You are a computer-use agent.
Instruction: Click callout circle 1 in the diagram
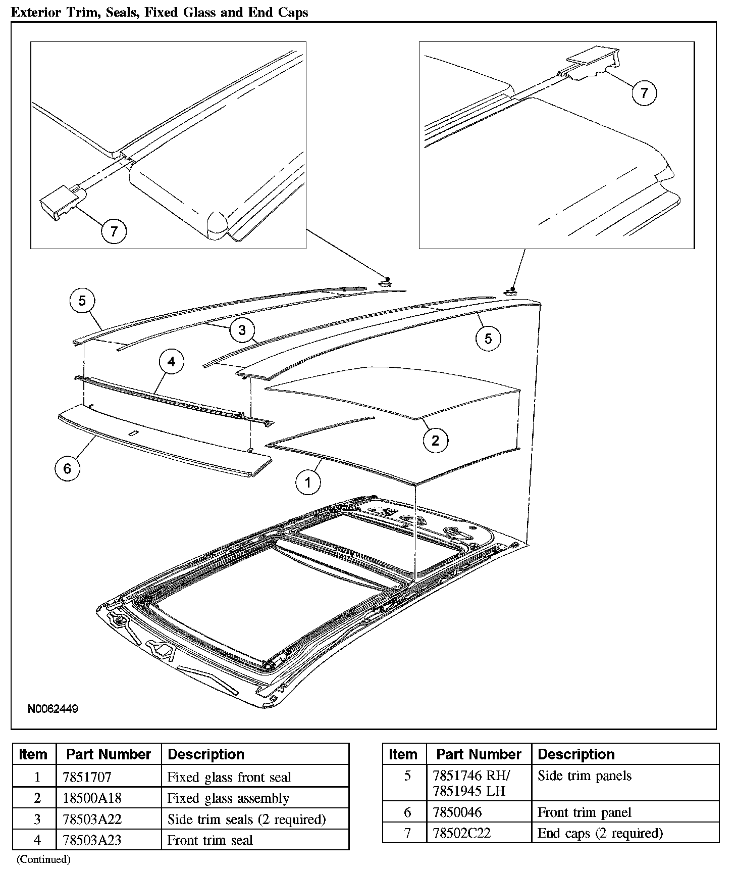tap(308, 482)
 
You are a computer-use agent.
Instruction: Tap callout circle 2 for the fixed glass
tap(436, 441)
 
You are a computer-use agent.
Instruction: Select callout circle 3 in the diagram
tap(242, 330)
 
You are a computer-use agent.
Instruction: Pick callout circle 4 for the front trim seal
tap(172, 362)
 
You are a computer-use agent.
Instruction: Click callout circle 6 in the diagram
tap(68, 468)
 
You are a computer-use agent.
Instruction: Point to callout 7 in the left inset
tap(114, 231)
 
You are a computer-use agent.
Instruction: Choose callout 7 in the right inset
tap(644, 92)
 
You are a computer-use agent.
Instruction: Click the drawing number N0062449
tap(53, 709)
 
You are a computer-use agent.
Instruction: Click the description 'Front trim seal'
tap(210, 841)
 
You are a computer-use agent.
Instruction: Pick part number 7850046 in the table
tap(457, 812)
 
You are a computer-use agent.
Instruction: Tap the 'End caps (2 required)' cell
tap(600, 833)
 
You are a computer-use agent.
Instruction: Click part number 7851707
tap(87, 777)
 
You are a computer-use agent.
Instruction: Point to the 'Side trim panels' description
tap(585, 776)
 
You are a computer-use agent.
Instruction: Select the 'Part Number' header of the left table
tap(109, 754)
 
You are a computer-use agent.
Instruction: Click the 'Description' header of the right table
tap(576, 754)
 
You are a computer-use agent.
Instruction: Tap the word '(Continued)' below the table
tap(43, 859)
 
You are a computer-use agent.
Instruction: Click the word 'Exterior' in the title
tap(38, 12)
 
